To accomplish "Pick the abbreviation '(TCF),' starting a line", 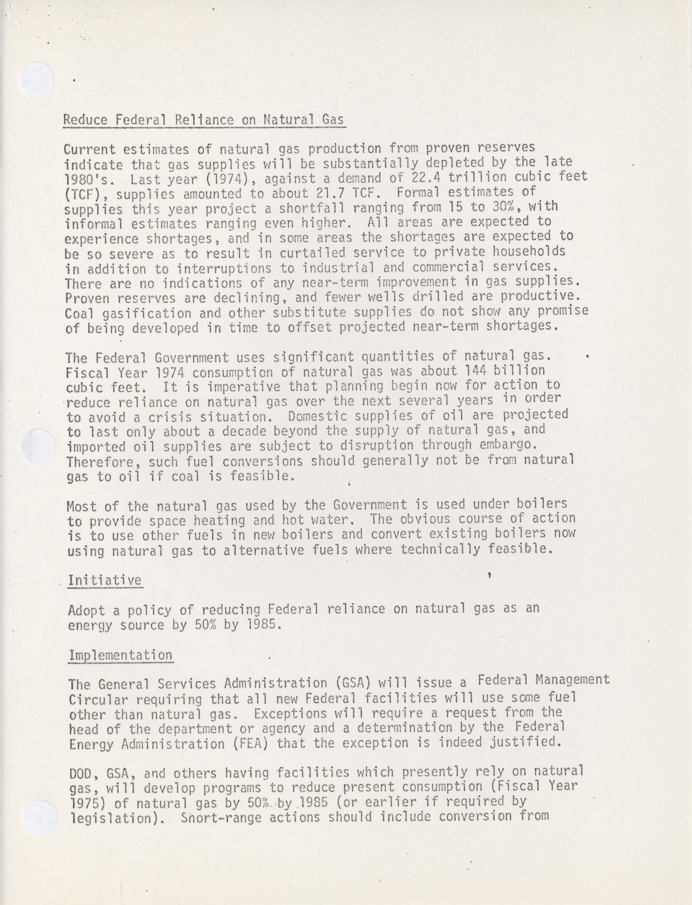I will click(85, 194).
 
